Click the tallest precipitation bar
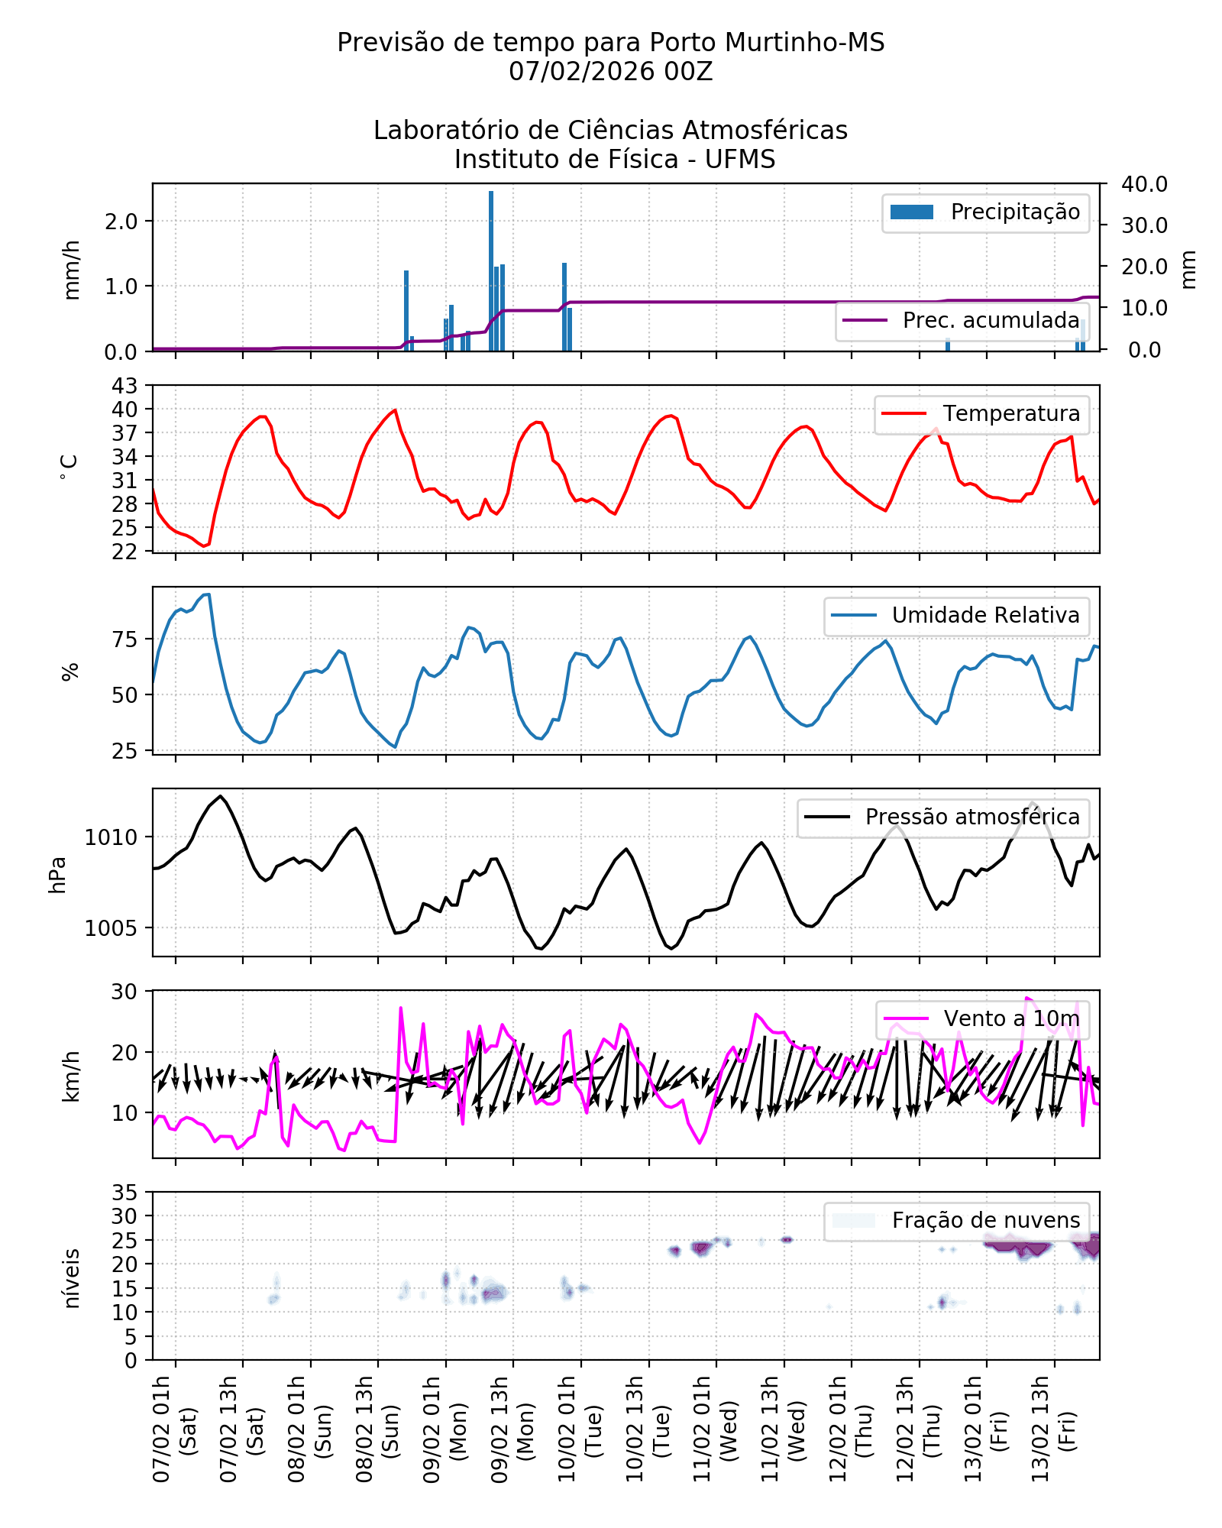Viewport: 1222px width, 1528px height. click(491, 271)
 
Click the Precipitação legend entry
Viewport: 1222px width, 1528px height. click(985, 212)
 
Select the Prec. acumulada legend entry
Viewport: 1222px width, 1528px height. click(962, 321)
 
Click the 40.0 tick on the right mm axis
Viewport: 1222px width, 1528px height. click(1143, 184)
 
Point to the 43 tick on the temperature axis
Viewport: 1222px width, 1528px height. click(125, 386)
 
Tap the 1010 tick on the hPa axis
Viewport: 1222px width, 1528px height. click(112, 837)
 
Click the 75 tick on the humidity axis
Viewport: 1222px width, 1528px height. click(125, 639)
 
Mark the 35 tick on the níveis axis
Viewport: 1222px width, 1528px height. click(125, 1193)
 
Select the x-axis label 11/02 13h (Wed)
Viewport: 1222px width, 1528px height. click(783, 1429)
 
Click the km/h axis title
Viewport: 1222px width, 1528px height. click(71, 1076)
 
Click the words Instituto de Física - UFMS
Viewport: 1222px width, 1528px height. click(614, 160)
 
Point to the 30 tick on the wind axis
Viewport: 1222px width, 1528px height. click(125, 992)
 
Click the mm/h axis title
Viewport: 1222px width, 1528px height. click(71, 269)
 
